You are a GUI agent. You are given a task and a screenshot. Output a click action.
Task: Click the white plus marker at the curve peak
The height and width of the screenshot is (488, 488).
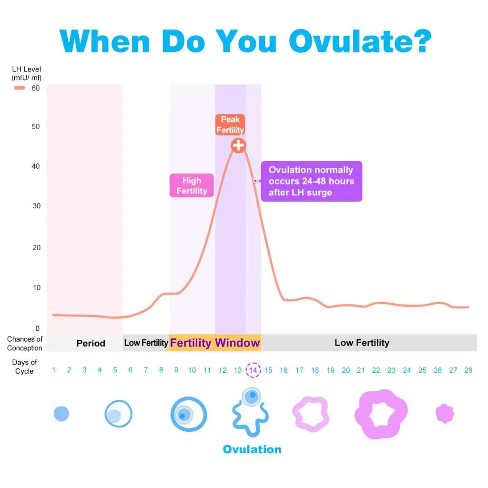tap(238, 145)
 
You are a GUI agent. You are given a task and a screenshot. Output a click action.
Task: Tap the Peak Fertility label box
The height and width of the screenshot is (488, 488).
tap(230, 125)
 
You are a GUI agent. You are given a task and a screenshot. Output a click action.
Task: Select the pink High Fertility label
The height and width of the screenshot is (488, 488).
tap(192, 185)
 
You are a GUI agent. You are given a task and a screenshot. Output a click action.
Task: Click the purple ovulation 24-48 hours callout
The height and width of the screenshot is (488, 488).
tap(311, 181)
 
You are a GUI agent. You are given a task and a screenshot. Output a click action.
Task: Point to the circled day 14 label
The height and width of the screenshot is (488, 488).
tap(253, 370)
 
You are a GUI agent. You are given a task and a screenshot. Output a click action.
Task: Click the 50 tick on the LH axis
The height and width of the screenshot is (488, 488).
tap(36, 126)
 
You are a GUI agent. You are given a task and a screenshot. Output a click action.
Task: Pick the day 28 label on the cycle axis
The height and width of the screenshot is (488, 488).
tap(468, 370)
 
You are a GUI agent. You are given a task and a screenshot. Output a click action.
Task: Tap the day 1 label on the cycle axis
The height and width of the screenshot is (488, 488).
tap(54, 370)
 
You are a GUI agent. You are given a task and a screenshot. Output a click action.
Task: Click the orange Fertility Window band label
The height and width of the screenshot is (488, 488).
tap(215, 343)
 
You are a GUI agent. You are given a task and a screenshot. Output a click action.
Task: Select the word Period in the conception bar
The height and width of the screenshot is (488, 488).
tap(91, 343)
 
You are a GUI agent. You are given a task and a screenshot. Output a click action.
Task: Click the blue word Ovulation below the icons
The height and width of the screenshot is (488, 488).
tap(252, 449)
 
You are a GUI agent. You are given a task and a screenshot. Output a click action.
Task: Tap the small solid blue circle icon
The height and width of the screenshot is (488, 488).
tap(61, 414)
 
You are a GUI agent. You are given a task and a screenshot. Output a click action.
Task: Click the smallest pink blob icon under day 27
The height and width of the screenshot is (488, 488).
tap(445, 413)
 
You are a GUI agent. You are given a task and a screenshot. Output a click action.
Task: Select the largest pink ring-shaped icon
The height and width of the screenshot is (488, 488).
tap(381, 414)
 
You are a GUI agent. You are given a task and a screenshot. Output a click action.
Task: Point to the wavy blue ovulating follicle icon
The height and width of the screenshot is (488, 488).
tap(248, 412)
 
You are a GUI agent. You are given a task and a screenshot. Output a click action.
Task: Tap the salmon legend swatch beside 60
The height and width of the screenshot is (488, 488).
tap(20, 88)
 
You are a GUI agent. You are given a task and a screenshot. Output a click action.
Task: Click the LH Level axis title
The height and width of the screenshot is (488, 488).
tap(26, 73)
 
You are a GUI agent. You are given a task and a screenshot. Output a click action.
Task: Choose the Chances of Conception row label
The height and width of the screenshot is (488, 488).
tap(25, 343)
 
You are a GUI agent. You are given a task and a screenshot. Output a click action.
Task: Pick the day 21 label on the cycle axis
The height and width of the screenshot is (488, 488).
tap(361, 370)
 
